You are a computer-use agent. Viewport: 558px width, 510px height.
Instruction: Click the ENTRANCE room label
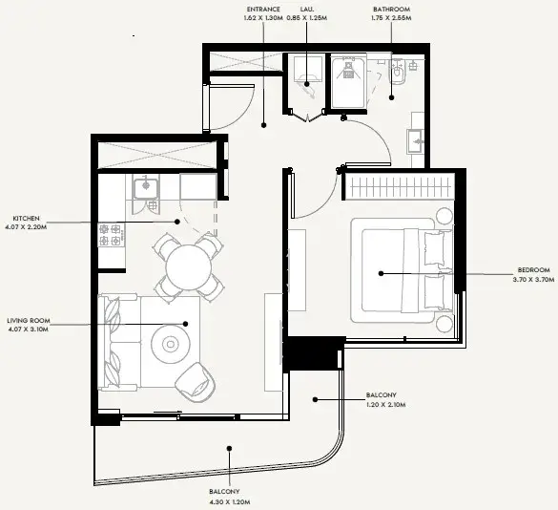click(263, 10)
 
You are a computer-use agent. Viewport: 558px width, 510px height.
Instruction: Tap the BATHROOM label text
click(391, 10)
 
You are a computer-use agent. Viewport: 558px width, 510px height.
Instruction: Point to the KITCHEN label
click(27, 218)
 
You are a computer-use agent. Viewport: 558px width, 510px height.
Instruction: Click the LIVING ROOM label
click(29, 321)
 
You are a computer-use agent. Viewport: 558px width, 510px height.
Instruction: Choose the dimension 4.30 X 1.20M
click(230, 502)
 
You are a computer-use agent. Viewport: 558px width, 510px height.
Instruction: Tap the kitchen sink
click(146, 188)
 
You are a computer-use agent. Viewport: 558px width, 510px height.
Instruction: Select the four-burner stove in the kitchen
click(112, 235)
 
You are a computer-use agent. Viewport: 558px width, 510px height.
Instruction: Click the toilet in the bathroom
click(398, 73)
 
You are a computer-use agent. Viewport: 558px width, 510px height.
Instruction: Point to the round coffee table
click(171, 344)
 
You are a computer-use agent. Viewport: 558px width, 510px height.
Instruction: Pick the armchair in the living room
click(196, 382)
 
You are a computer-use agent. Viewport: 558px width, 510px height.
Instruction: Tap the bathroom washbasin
click(415, 141)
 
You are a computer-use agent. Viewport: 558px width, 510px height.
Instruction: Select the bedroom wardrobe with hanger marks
click(400, 187)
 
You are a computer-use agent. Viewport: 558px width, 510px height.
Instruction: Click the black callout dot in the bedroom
click(382, 274)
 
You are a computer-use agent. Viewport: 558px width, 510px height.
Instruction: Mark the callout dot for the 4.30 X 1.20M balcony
click(230, 448)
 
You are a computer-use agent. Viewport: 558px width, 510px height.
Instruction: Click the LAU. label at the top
click(307, 10)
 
